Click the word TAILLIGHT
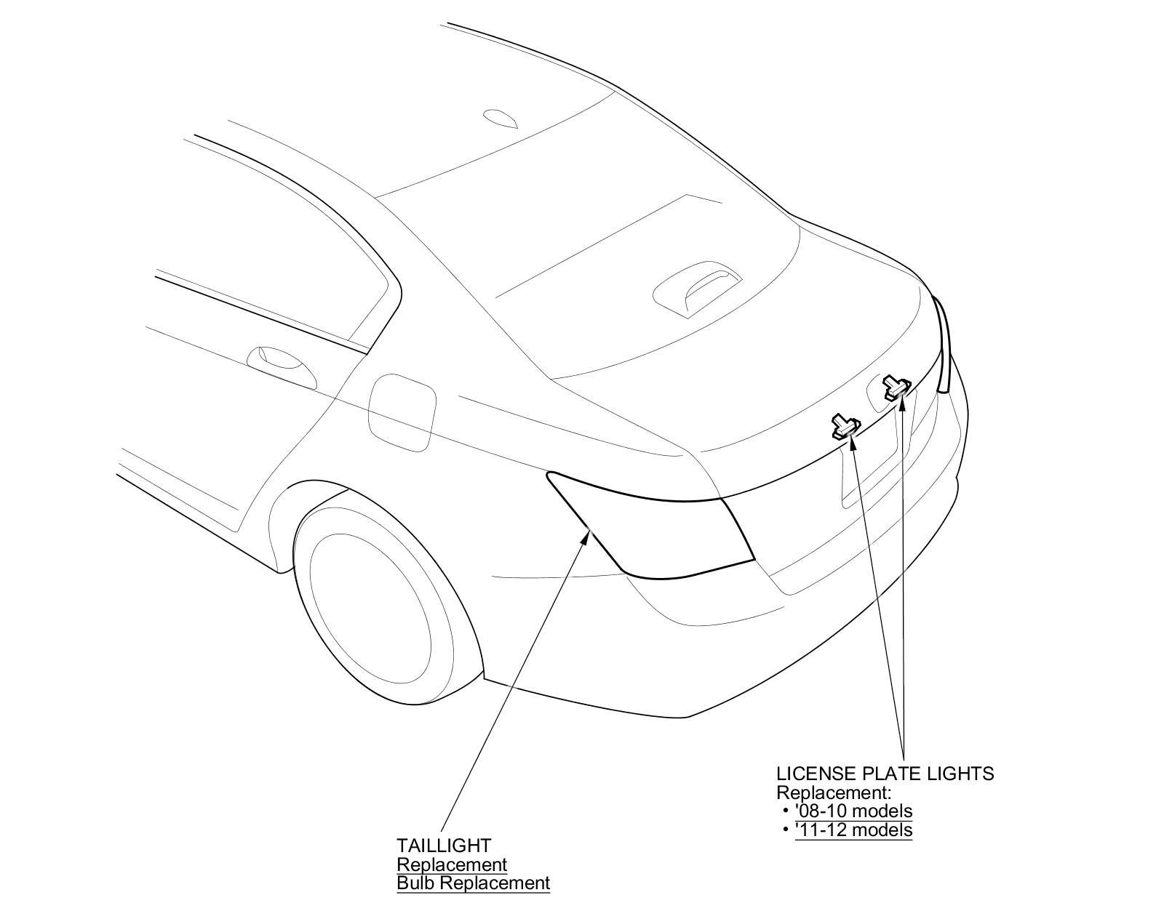coord(443,846)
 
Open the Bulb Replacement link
coord(473,883)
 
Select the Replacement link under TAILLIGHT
coord(451,864)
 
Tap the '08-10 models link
coord(853,810)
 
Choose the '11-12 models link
coord(853,829)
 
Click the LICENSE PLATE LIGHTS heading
coord(885,773)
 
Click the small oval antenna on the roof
coord(501,118)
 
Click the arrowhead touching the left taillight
coord(590,536)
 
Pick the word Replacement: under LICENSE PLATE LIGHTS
coord(834,792)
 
